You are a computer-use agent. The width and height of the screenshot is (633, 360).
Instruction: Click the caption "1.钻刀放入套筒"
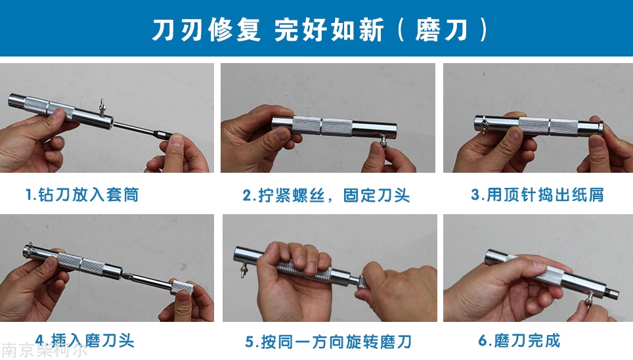tap(82, 194)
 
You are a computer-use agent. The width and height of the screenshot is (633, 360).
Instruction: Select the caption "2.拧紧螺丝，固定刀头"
tap(326, 196)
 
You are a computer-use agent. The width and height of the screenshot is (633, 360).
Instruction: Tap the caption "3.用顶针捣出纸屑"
tap(537, 194)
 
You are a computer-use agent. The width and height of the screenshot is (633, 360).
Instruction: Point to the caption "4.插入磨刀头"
tap(84, 340)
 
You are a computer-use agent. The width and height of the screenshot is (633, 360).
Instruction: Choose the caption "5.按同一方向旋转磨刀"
tap(328, 342)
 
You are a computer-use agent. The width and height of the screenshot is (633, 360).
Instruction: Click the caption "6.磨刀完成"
tap(519, 340)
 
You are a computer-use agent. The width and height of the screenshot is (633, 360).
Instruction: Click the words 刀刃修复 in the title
tap(206, 30)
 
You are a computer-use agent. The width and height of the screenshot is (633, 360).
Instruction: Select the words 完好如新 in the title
tap(328, 30)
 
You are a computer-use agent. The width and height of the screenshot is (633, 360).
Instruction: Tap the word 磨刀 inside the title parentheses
tap(442, 30)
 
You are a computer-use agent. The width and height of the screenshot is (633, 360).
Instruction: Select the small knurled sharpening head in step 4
tap(182, 288)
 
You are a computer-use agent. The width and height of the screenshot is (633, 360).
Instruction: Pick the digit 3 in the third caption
tap(475, 194)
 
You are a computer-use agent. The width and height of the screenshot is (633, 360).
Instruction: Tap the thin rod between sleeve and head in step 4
tap(152, 282)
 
